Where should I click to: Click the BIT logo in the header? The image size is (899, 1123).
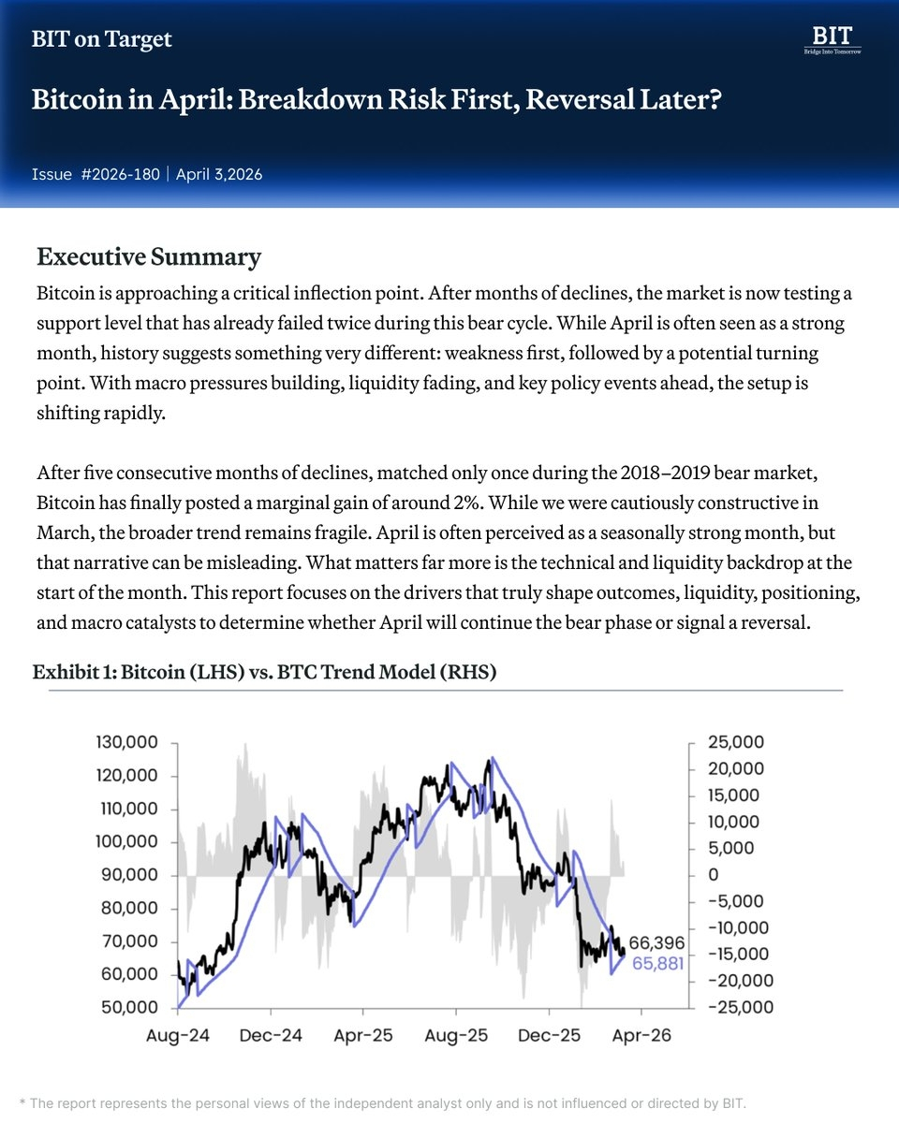coord(832,39)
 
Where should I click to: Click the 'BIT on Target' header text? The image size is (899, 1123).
coord(102,39)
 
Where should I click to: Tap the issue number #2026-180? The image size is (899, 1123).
coord(121,174)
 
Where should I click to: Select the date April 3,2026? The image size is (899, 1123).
coord(219,174)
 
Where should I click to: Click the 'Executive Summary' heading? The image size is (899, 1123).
coord(149,256)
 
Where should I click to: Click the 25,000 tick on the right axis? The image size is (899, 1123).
coord(735,743)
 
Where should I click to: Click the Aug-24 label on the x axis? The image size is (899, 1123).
coord(178,1037)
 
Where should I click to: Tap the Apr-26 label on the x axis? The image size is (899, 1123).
coord(641,1037)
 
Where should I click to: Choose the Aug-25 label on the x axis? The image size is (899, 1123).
coord(455,1037)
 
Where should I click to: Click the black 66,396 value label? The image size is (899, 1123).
coord(656,942)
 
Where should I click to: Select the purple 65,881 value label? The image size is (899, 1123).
coord(656,963)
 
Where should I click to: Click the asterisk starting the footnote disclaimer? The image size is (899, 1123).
coord(22,1102)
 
